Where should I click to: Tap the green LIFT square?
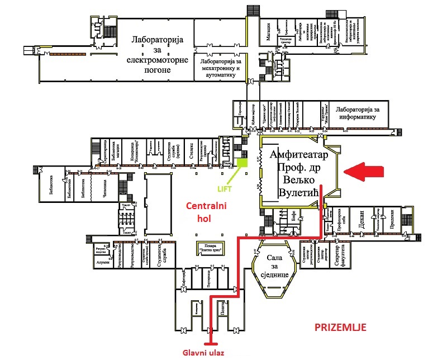click(x=242, y=163)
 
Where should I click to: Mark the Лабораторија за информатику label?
click(x=358, y=113)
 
